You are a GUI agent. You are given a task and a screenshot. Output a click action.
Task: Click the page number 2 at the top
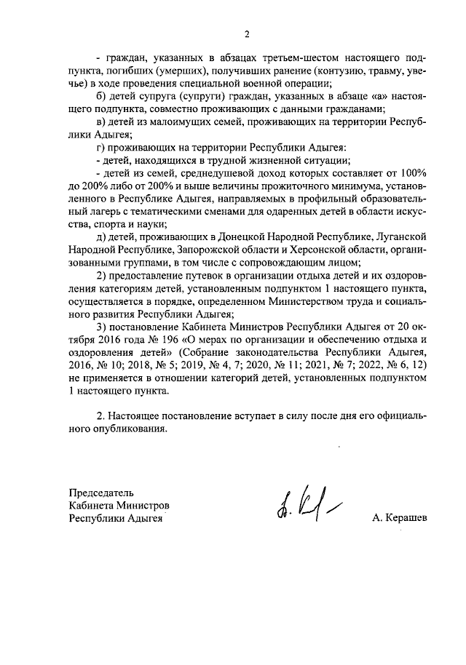pos(247,34)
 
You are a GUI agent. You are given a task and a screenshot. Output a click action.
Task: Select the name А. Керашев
pos(399,518)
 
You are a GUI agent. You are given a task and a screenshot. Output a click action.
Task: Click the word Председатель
pos(102,492)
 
